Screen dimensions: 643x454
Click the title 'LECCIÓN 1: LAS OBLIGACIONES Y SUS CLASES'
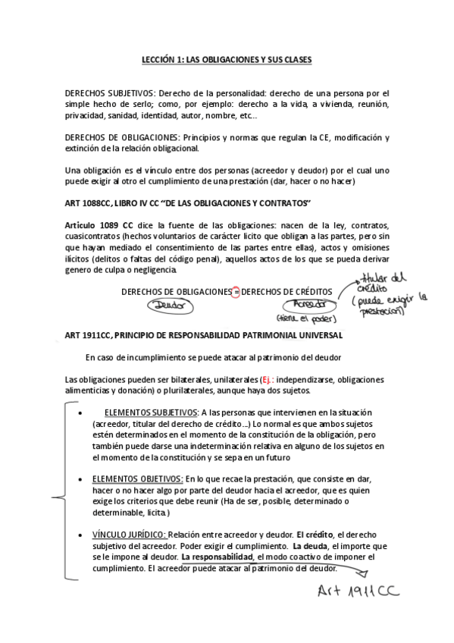point(227,59)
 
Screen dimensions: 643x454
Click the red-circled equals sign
point(235,292)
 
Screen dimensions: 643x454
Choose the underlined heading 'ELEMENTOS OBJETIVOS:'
point(137,479)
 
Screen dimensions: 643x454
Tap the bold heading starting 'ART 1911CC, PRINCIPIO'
point(203,335)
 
